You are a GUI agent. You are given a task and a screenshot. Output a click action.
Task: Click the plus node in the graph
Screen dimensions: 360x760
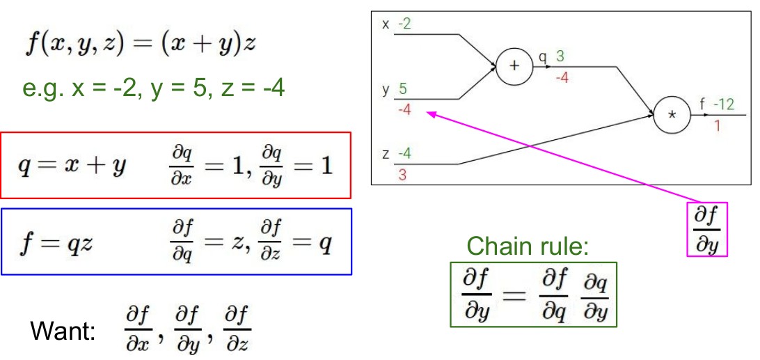pyautogui.click(x=514, y=66)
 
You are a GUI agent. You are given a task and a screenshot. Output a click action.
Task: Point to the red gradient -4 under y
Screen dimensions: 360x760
pyautogui.click(x=404, y=109)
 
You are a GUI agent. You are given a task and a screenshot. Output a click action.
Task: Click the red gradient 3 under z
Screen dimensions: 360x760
pyautogui.click(x=402, y=175)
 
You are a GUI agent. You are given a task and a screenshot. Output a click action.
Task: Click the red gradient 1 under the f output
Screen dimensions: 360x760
pyautogui.click(x=717, y=126)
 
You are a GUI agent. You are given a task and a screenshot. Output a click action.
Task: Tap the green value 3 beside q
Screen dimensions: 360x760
pyautogui.click(x=560, y=56)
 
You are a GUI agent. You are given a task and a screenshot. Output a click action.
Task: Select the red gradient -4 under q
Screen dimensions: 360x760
pyautogui.click(x=561, y=77)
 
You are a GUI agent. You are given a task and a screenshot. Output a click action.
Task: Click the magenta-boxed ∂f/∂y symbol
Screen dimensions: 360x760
pyautogui.click(x=707, y=230)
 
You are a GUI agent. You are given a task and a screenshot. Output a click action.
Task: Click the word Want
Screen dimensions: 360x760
pyautogui.click(x=62, y=331)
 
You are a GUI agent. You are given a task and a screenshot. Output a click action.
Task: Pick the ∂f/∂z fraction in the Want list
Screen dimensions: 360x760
pyautogui.click(x=237, y=329)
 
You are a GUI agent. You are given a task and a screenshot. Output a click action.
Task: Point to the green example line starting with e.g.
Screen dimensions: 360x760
pyautogui.click(x=153, y=88)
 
